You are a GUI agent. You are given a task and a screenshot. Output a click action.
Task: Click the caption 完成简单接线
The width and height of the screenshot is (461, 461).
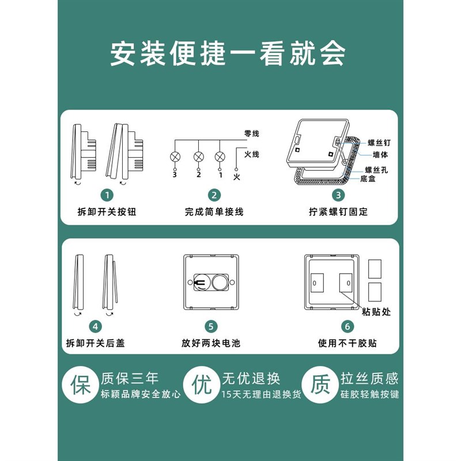click(214, 212)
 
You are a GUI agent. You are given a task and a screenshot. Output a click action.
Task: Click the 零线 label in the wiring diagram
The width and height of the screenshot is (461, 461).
click(252, 134)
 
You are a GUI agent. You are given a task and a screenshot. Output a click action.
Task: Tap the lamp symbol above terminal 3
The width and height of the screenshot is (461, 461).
click(175, 156)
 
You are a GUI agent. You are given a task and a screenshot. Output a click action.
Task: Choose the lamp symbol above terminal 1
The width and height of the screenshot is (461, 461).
click(220, 156)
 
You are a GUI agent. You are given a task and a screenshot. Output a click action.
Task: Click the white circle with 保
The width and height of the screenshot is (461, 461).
click(80, 384)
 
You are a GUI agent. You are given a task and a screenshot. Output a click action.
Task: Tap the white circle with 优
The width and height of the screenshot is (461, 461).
click(202, 384)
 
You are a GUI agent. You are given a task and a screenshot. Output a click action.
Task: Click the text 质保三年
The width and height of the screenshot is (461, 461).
click(130, 378)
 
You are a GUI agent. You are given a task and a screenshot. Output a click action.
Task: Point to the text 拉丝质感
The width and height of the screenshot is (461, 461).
click(369, 378)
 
